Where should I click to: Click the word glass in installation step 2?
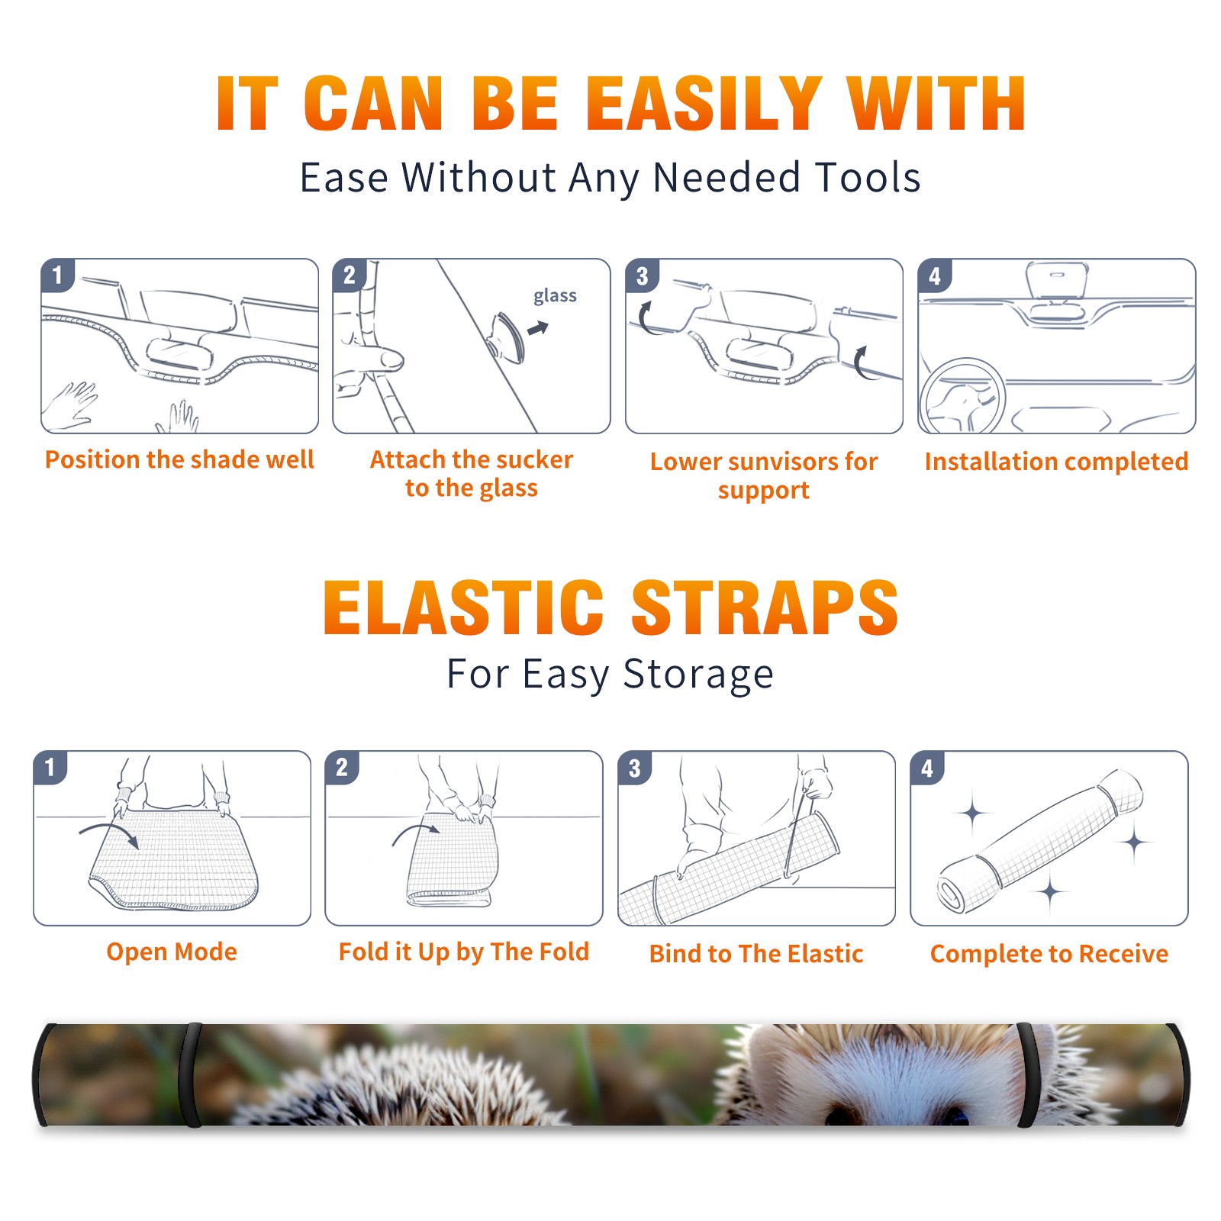pos(555,296)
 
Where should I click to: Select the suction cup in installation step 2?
pos(507,337)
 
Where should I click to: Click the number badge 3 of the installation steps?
pos(642,275)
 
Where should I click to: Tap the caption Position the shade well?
pos(179,459)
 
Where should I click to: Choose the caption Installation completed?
pos(1056,462)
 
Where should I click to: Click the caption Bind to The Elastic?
pos(756,954)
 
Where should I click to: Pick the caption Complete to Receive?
pos(1049,954)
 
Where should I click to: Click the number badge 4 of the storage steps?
pos(927,768)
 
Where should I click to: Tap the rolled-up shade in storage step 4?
pos(1040,841)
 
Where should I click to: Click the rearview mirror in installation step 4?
pos(1057,281)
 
